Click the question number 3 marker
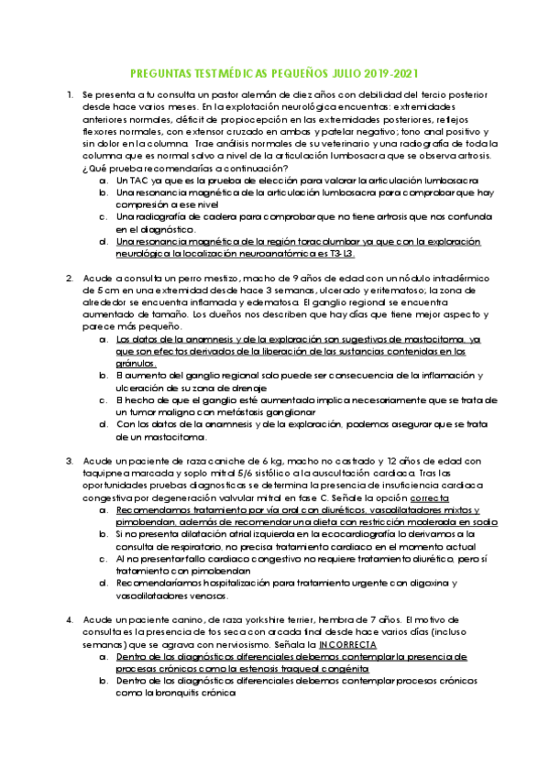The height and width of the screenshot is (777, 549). pyautogui.click(x=70, y=461)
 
